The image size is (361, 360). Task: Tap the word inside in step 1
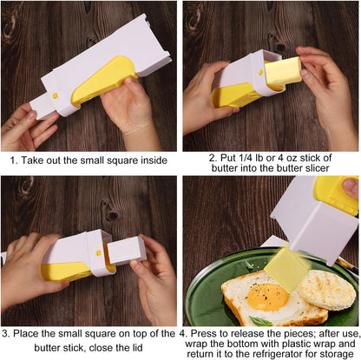[160, 160]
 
